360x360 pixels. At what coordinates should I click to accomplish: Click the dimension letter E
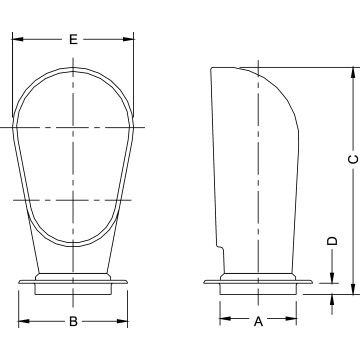tap(73, 39)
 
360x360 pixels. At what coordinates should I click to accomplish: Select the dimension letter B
tap(73, 322)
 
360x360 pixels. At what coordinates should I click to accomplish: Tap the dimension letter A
tap(258, 322)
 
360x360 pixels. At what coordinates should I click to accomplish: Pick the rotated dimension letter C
tap(353, 160)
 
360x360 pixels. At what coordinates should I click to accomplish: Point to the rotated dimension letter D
tap(332, 241)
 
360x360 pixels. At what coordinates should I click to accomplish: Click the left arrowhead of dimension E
tap(18, 39)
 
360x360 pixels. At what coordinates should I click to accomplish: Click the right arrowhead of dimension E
tap(128, 39)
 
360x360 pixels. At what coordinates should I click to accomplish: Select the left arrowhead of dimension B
tap(24, 321)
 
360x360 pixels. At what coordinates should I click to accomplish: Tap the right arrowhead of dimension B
tap(122, 321)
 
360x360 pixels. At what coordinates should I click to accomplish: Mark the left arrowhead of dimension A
tap(225, 319)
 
